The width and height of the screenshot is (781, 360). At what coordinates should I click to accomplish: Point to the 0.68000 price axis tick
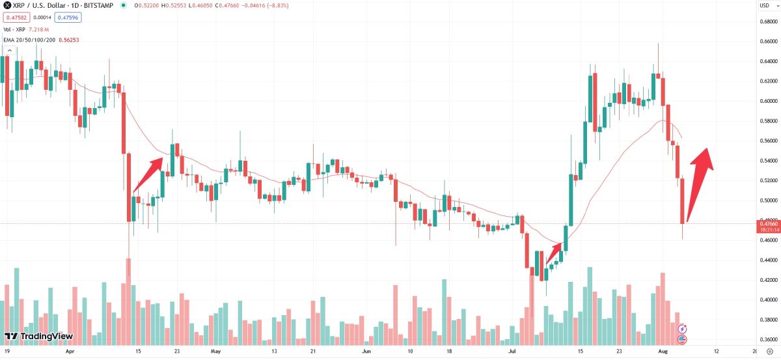(768, 21)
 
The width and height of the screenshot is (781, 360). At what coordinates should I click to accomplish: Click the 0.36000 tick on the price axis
(768, 340)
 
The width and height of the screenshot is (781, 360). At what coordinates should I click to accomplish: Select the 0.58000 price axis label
(768, 121)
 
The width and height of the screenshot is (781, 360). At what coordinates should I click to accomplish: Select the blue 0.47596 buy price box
(68, 18)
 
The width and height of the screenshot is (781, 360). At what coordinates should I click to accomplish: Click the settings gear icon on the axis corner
(769, 351)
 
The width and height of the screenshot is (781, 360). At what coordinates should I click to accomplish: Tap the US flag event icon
(683, 339)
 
